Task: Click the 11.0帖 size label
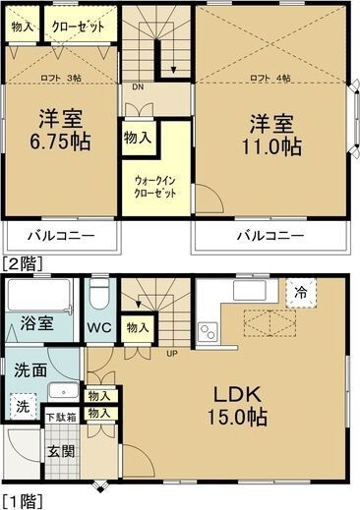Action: pyautogui.click(x=273, y=148)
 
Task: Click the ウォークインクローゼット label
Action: pyautogui.click(x=155, y=187)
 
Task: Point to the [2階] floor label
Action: pyautogui.click(x=22, y=262)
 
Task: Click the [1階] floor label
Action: pyautogui.click(x=22, y=501)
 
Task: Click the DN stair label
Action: pyautogui.click(x=137, y=85)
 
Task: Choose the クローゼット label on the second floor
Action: pyautogui.click(x=78, y=27)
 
